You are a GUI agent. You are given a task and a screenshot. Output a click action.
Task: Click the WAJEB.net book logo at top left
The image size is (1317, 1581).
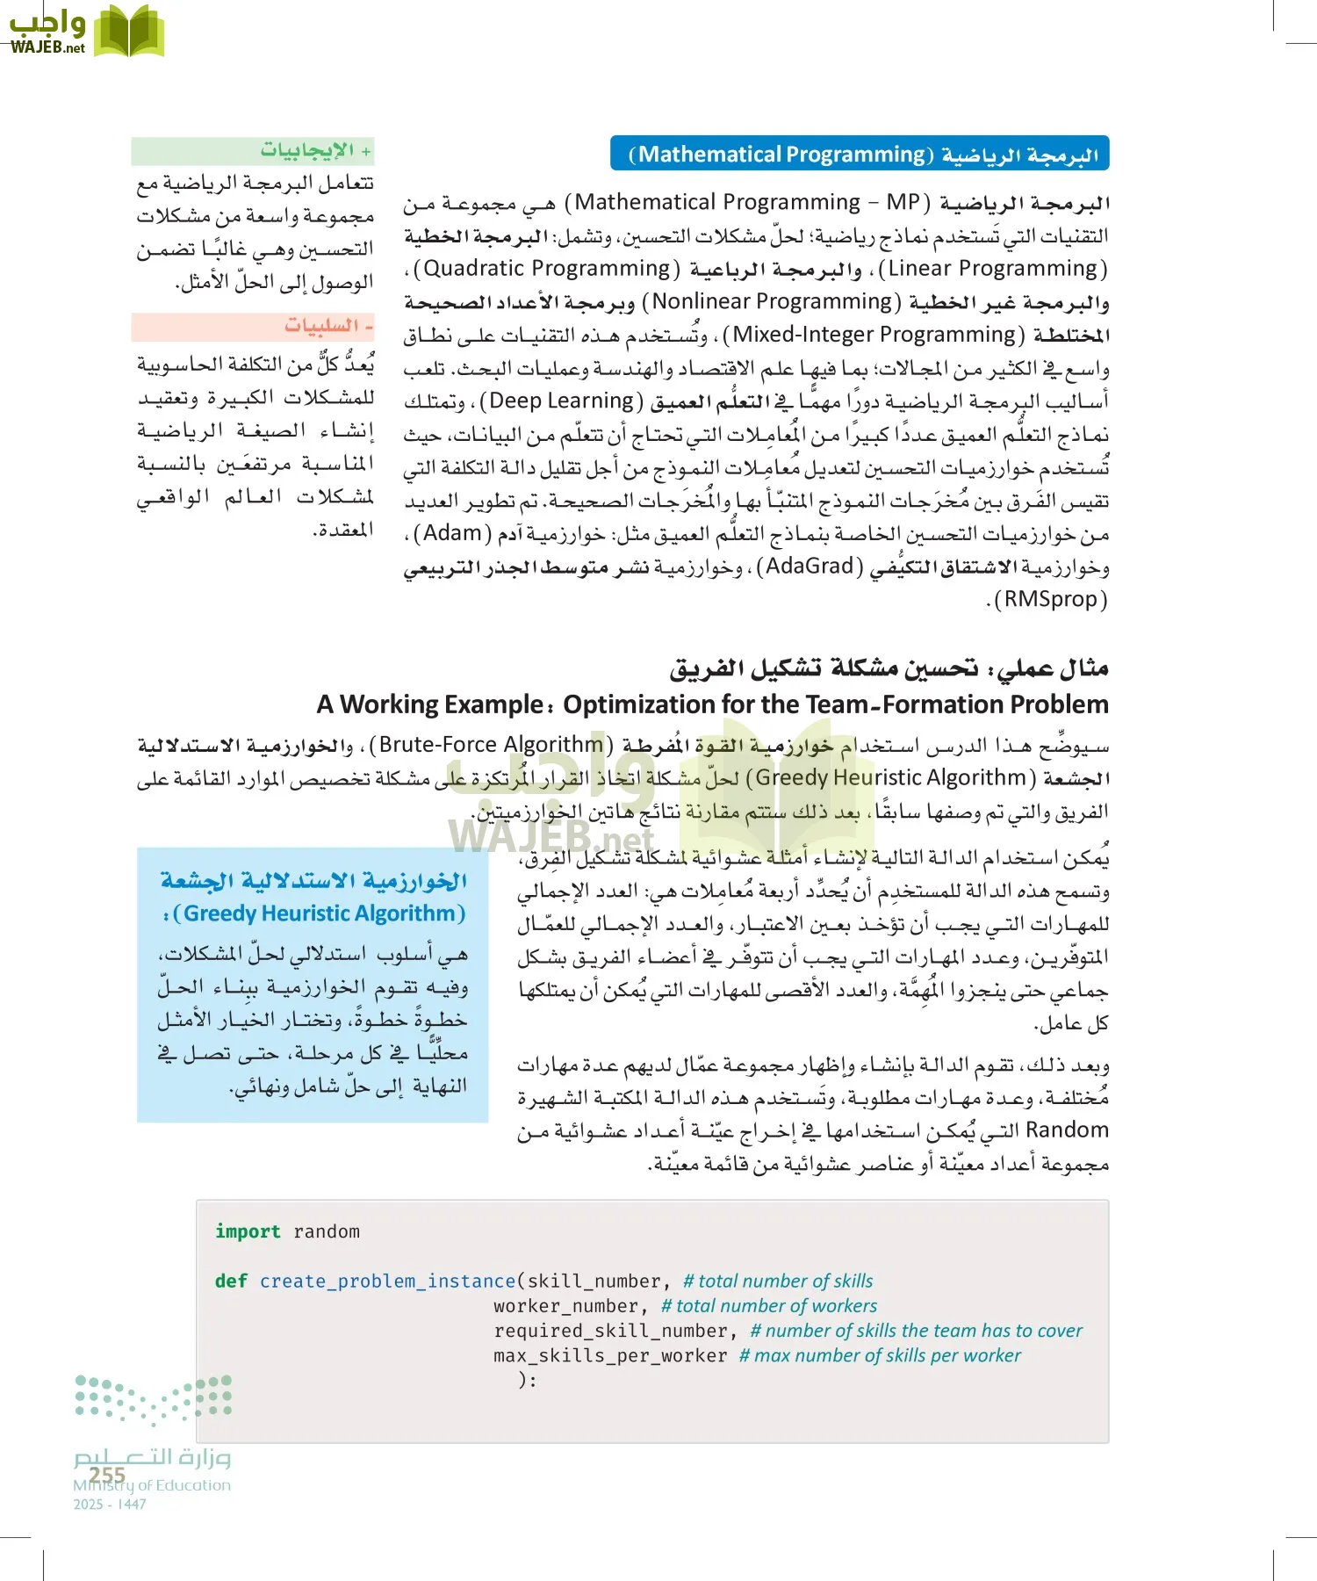tap(86, 32)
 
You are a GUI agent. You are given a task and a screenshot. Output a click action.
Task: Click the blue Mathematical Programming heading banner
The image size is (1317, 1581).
tap(860, 154)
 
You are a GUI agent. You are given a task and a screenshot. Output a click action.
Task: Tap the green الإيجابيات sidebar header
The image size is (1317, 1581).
tap(254, 150)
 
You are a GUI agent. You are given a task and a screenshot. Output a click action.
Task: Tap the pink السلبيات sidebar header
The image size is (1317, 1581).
tap(254, 326)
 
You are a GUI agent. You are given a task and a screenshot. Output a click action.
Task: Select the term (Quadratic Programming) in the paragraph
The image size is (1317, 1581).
tap(547, 269)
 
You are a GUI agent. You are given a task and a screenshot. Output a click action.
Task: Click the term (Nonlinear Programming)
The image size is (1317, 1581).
tap(772, 302)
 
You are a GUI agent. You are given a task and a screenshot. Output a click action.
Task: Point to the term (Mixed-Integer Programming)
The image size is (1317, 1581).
tap(874, 335)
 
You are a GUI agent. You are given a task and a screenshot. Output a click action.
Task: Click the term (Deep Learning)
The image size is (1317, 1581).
tap(562, 401)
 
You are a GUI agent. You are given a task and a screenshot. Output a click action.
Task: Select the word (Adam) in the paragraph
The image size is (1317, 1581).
tap(452, 534)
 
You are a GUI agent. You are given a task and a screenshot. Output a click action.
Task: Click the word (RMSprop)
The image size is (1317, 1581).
tap(1050, 600)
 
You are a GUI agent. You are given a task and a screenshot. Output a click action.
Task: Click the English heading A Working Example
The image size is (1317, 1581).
tap(712, 704)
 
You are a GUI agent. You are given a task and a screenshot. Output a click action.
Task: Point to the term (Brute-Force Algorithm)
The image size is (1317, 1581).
tap(493, 745)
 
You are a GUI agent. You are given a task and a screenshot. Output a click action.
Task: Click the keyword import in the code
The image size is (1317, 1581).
tap(248, 1231)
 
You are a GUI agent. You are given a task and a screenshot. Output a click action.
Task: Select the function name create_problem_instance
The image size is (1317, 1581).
tap(387, 1281)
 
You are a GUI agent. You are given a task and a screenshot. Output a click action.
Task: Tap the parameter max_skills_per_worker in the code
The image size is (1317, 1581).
tap(610, 1355)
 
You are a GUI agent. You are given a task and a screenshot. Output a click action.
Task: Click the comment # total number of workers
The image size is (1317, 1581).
tap(769, 1306)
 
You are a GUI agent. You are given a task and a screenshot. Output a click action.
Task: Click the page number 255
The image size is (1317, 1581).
tap(107, 1475)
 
